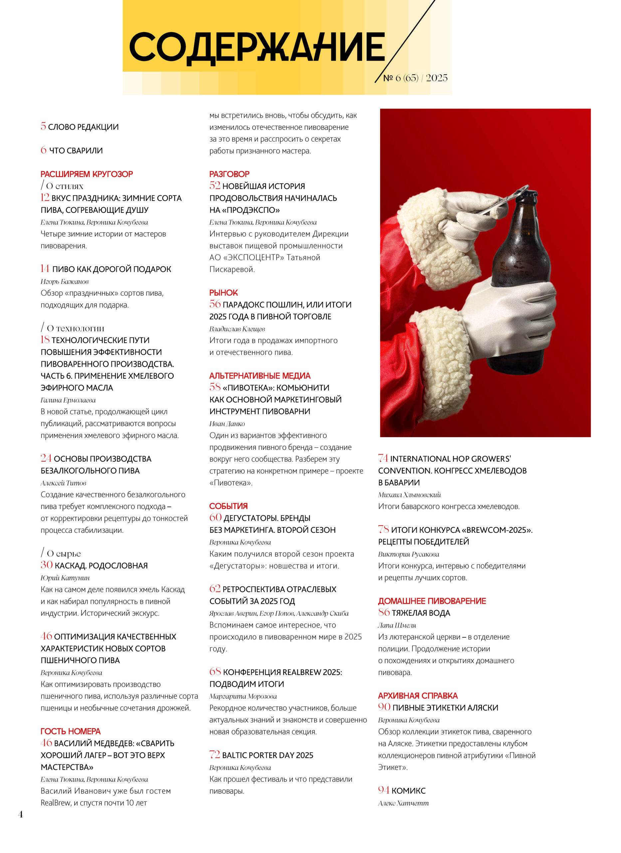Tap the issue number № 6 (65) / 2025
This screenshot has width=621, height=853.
pos(415,78)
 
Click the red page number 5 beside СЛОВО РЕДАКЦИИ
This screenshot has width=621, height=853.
pos(43,126)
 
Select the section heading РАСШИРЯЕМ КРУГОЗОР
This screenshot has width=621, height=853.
pos(87,174)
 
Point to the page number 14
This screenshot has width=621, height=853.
pos(45,269)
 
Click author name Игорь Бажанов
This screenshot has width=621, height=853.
pos(64,282)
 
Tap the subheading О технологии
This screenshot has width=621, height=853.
pos(75,328)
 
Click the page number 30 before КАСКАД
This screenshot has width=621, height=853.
pos(46,565)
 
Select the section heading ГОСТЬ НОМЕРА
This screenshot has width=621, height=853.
pos(70,731)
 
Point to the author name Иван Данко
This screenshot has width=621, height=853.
pos(227,424)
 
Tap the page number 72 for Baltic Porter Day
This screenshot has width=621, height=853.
pos(214,754)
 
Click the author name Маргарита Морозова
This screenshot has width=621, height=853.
pos(243,696)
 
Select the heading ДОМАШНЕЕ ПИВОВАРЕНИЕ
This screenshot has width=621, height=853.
pos(432,601)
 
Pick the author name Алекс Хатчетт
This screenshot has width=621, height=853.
pos(403,803)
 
